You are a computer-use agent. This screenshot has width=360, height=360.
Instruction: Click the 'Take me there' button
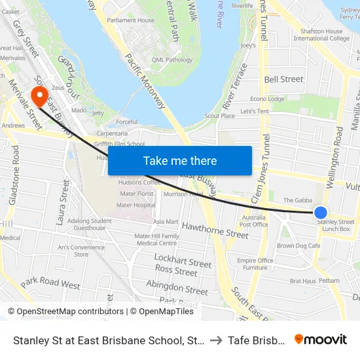point(179,160)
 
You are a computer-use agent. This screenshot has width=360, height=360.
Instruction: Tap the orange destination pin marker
point(39,98)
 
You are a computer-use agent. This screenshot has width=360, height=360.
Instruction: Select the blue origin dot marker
point(321,212)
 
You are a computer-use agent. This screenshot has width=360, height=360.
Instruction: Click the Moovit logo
point(320,340)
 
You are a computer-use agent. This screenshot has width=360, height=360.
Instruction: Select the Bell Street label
point(283,79)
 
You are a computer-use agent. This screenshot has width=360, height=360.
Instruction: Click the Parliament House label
point(131,20)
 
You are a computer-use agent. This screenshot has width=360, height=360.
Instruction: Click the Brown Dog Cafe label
point(298,246)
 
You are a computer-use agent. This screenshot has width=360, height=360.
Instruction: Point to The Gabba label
point(296,200)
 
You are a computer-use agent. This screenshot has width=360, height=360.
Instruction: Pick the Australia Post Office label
point(254,221)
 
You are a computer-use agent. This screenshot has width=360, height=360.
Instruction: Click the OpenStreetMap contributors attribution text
point(67,312)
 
